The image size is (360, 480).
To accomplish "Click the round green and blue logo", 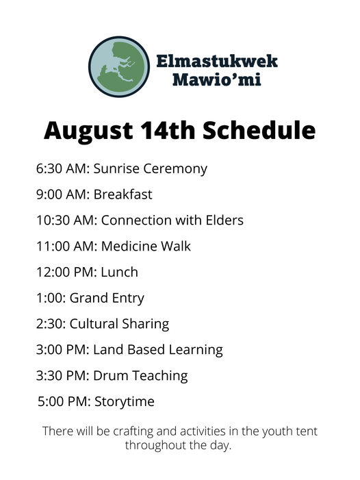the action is [119, 66].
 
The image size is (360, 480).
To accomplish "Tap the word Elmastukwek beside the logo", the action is [217, 61].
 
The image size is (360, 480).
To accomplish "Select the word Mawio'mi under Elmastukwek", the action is [217, 79].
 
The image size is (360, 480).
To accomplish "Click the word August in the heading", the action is [88, 131].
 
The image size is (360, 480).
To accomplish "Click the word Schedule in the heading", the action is [259, 130].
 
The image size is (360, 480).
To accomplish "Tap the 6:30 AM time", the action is [62, 168].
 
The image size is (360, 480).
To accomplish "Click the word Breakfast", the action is [123, 194].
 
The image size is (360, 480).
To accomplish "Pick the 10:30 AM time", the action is [66, 220].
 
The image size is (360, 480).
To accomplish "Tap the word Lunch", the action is [120, 272].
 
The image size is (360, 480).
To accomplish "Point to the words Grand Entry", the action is [107, 299].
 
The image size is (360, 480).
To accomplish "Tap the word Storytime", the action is [125, 402].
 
